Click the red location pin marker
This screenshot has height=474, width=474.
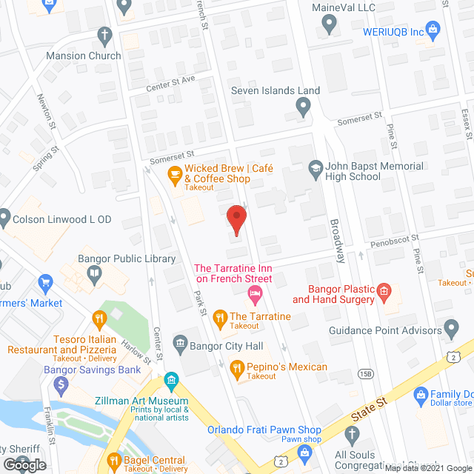click(236, 219)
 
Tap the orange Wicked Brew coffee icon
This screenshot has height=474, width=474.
click(175, 174)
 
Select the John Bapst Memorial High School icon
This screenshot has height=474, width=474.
click(316, 167)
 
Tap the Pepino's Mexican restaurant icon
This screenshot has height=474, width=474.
click(237, 367)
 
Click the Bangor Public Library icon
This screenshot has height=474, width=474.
click(94, 273)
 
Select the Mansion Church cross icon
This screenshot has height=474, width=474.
click(105, 36)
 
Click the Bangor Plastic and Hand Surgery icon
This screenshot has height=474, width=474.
click(384, 291)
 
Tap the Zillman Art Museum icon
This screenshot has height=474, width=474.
click(172, 381)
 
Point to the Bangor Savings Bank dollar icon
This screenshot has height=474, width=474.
click(62, 384)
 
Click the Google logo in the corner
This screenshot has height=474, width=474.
click(24, 465)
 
